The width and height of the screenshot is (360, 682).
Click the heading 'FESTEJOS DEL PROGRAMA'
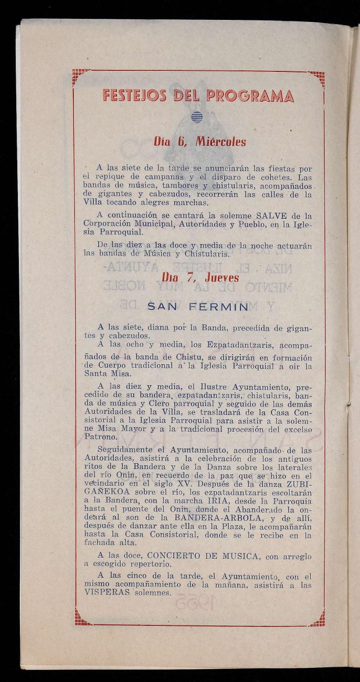pos(198,96)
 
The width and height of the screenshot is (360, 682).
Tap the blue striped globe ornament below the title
pos(196,118)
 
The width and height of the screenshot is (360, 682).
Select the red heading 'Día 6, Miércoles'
pos(199,142)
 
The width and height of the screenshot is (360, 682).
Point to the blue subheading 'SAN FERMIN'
pos(197,306)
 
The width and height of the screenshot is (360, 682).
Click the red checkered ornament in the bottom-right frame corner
pos(316,619)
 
